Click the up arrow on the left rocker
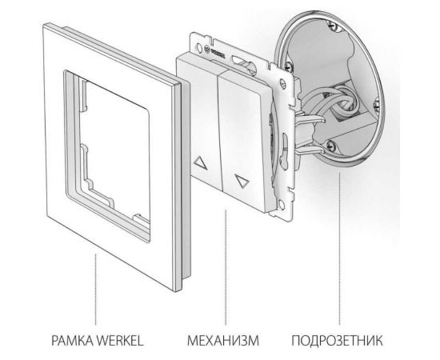(198, 161)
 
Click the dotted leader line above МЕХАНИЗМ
(227, 264)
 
